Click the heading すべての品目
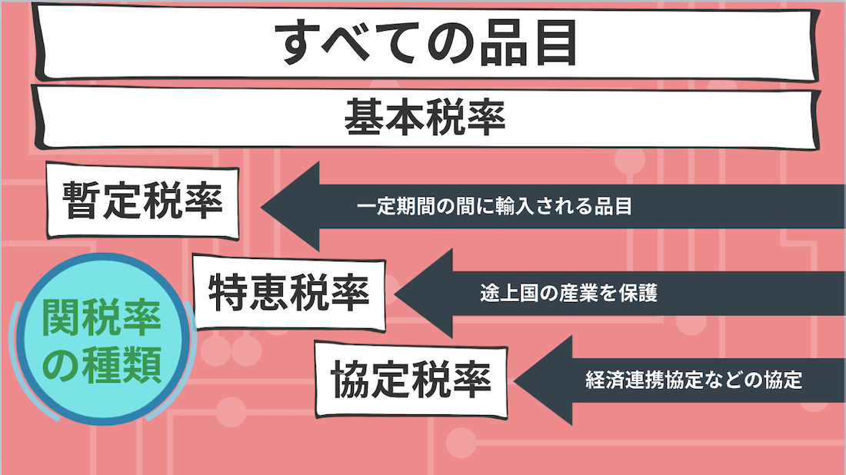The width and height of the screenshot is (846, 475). pyautogui.click(x=426, y=42)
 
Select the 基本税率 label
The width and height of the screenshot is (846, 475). pyautogui.click(x=425, y=117)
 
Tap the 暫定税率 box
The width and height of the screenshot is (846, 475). pyautogui.click(x=143, y=201)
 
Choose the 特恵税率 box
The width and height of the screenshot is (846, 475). pyautogui.click(x=289, y=293)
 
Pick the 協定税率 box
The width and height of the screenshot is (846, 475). pyautogui.click(x=411, y=380)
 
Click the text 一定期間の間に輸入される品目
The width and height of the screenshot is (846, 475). pyautogui.click(x=495, y=207)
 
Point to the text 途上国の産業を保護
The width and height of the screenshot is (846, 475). pyautogui.click(x=568, y=294)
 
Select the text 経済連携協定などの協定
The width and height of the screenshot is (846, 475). pyautogui.click(x=694, y=380)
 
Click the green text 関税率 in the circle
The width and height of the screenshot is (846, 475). pyautogui.click(x=102, y=317)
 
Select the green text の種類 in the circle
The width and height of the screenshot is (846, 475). pyautogui.click(x=102, y=364)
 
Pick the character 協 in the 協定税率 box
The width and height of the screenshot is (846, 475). pyautogui.click(x=351, y=380)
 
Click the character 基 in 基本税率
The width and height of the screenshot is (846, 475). pyautogui.click(x=365, y=117)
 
